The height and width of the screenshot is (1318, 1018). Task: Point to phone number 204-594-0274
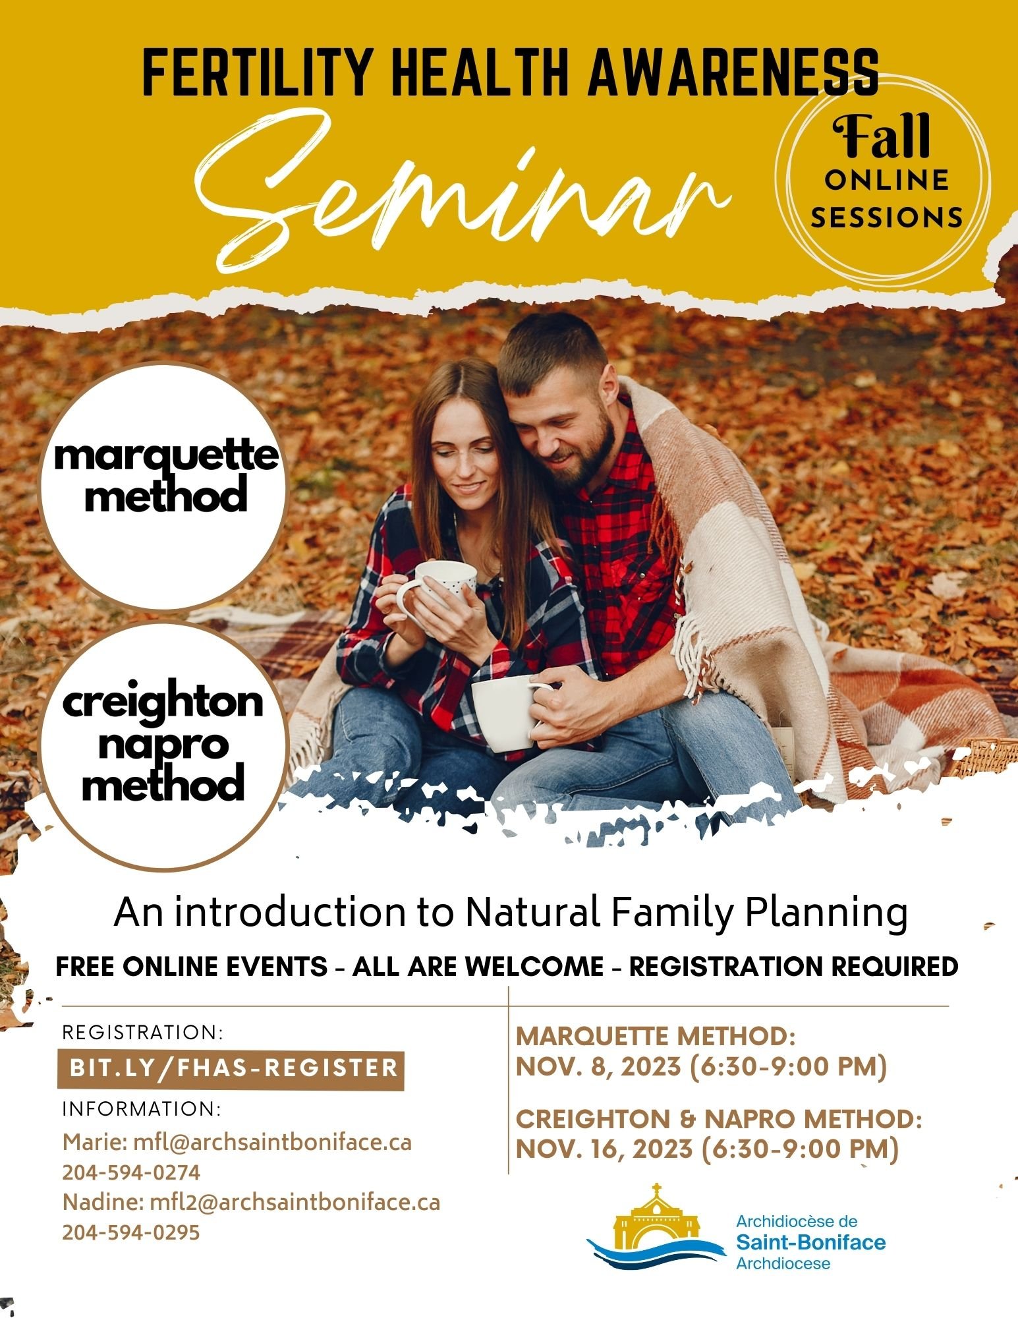click(x=131, y=1173)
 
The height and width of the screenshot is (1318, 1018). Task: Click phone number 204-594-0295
click(x=131, y=1232)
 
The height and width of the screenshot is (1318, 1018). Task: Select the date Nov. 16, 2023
click(x=604, y=1149)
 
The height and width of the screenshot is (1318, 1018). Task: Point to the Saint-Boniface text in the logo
click(x=810, y=1243)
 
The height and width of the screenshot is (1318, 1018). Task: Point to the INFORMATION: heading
click(x=142, y=1109)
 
